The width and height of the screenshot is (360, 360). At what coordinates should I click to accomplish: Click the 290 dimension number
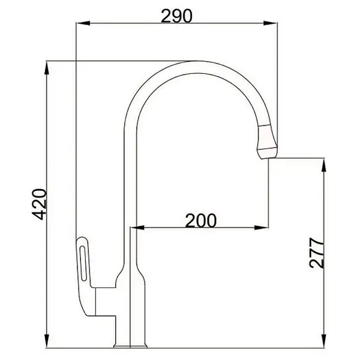[176, 16]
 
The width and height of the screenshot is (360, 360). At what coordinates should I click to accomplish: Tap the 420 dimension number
[39, 204]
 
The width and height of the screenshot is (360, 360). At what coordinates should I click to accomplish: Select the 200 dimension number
[200, 220]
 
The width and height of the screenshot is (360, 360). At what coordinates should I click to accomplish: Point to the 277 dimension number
[317, 253]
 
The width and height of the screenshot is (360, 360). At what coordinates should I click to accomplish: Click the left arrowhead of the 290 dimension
[83, 23]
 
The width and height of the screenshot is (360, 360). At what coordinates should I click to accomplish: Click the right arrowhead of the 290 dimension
[270, 23]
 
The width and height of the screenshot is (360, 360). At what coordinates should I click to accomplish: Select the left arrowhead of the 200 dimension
[137, 228]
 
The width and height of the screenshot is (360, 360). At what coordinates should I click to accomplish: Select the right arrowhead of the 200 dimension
[262, 228]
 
